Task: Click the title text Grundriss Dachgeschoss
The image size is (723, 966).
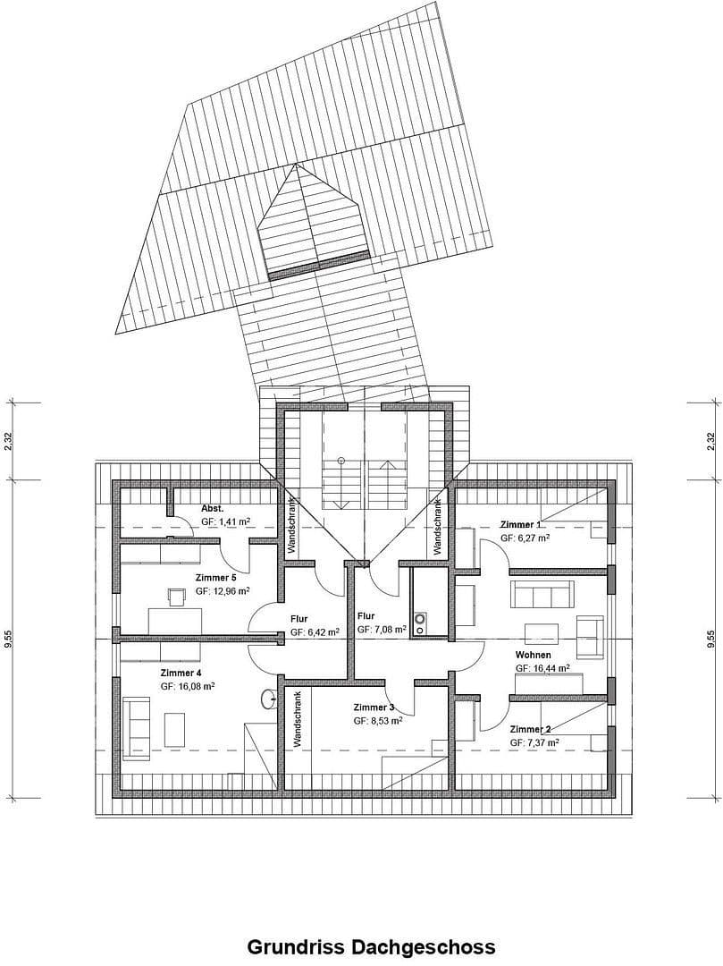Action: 370,946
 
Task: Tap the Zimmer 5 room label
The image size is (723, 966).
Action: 215,578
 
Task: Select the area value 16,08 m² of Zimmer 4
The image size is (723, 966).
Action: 187,686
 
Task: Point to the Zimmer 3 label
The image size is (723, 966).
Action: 374,707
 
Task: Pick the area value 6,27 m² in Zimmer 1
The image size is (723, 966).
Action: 525,538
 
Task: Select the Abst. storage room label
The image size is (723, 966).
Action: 213,506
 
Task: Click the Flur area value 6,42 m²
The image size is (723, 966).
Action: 315,631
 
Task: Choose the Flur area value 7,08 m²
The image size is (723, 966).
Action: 382,630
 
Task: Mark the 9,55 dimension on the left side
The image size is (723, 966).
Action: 9,638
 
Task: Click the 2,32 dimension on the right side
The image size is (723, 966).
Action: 711,442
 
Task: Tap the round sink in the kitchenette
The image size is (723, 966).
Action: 421,617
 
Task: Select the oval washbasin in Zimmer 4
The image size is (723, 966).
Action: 266,699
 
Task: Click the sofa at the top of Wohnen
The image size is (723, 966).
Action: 542,594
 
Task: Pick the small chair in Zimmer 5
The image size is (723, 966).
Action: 176,593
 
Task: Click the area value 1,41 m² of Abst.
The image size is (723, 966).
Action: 225,520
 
